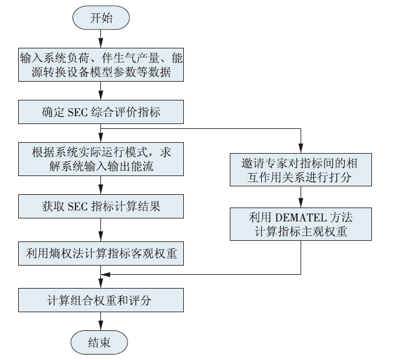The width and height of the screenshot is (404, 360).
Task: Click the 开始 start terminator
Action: tap(101, 18)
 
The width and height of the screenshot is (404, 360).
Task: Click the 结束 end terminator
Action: tap(99, 342)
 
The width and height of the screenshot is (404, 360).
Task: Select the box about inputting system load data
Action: tap(101, 65)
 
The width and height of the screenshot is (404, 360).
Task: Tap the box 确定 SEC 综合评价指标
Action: tap(101, 112)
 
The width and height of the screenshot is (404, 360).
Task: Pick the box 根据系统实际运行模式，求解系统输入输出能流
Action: tap(101, 159)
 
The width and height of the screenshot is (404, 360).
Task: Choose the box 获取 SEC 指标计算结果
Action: tap(101, 206)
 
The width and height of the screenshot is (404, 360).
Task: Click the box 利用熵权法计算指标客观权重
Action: tap(101, 254)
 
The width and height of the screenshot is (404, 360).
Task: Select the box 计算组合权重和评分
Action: tap(101, 300)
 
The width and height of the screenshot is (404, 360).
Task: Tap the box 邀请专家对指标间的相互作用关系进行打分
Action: tap(301, 169)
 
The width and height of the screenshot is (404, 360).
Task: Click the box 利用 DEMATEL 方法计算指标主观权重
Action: tap(301, 224)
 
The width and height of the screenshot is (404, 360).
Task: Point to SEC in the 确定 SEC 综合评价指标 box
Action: tap(77, 113)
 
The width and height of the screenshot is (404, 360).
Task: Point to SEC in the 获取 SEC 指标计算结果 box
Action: tap(77, 207)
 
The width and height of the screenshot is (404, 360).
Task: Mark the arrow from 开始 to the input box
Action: tap(101, 39)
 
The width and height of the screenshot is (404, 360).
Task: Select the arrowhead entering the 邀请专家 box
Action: tap(301, 148)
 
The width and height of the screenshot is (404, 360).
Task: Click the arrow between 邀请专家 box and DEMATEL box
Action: tap(301, 197)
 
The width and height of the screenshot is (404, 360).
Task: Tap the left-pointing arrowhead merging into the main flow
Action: tap(106, 275)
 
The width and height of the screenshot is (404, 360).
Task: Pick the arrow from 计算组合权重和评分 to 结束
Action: tap(101, 321)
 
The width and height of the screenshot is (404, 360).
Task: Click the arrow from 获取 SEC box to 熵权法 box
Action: tap(101, 230)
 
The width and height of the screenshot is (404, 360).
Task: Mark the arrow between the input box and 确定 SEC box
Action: tap(101, 91)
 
